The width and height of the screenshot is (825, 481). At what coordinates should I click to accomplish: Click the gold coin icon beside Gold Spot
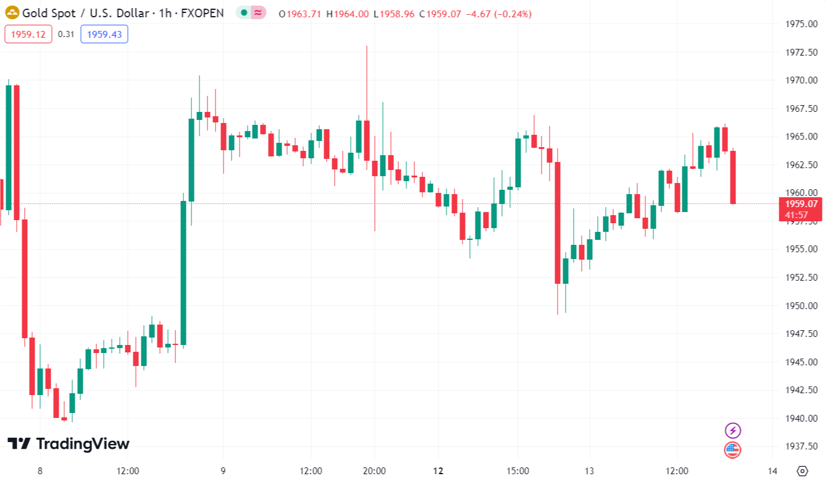click(x=12, y=13)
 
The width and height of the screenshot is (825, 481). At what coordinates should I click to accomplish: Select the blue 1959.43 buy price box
click(x=104, y=35)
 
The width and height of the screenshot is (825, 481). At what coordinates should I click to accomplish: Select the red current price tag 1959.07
click(x=801, y=204)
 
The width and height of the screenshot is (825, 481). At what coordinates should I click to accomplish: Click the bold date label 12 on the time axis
click(x=438, y=471)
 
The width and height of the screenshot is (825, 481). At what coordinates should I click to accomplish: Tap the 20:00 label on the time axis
click(x=375, y=471)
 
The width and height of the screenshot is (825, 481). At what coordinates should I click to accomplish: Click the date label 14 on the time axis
click(x=773, y=471)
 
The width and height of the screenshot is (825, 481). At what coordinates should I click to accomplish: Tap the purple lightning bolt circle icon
click(x=732, y=430)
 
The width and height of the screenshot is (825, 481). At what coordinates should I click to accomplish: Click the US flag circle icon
click(x=732, y=449)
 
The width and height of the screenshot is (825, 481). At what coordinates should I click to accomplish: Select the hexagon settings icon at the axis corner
click(x=802, y=471)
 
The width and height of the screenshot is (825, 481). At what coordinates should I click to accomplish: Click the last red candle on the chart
click(x=733, y=177)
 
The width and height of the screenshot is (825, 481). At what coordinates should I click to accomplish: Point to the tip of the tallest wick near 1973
click(x=367, y=46)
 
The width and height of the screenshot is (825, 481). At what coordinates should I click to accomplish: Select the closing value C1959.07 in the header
click(x=440, y=14)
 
